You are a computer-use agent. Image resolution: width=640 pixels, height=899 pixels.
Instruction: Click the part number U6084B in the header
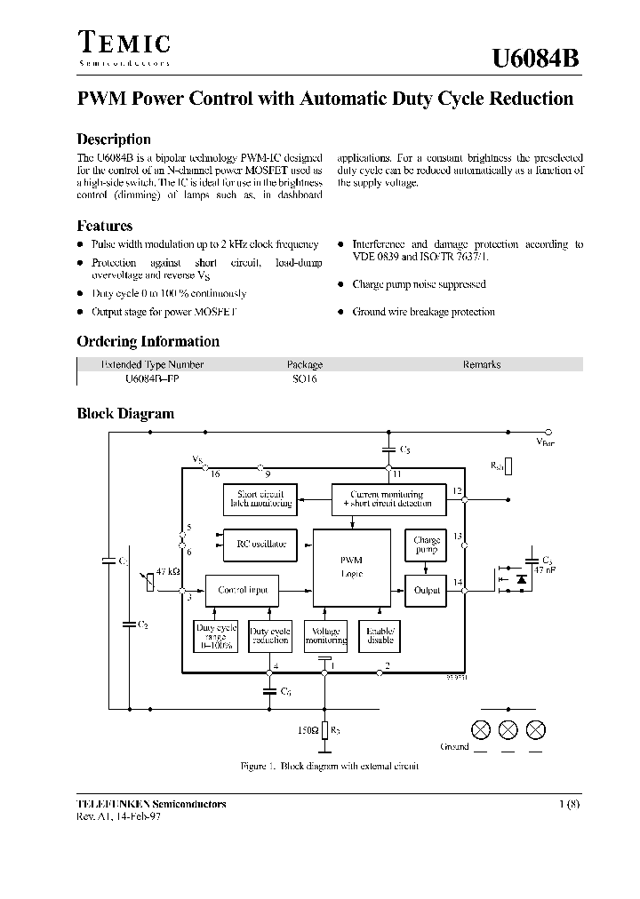click(537, 59)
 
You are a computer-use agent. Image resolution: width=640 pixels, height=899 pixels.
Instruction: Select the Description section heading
click(114, 139)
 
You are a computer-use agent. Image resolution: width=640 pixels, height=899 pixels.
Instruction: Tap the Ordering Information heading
click(148, 342)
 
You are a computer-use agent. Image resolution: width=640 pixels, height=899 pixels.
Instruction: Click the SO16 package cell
click(304, 378)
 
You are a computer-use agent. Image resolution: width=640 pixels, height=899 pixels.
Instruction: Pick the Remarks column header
click(482, 364)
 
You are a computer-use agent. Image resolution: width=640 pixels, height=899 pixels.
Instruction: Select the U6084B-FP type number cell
click(152, 378)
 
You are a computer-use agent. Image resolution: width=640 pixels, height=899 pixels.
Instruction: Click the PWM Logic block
click(351, 567)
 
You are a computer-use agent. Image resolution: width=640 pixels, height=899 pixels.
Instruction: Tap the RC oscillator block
click(261, 545)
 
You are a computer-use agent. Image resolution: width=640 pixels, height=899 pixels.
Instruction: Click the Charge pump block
click(427, 545)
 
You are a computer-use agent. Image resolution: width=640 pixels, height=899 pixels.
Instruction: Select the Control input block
click(243, 590)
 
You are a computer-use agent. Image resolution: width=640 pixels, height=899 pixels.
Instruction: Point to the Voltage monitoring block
click(326, 635)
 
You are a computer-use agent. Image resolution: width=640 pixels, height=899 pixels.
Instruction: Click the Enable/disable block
click(380, 635)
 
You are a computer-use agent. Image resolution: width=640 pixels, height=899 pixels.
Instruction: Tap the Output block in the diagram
click(427, 590)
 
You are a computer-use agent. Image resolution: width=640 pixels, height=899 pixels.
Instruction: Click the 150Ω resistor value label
click(308, 729)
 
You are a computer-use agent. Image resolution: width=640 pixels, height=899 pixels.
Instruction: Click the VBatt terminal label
click(544, 442)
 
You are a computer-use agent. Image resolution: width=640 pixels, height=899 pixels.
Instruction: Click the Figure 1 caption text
click(329, 766)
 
